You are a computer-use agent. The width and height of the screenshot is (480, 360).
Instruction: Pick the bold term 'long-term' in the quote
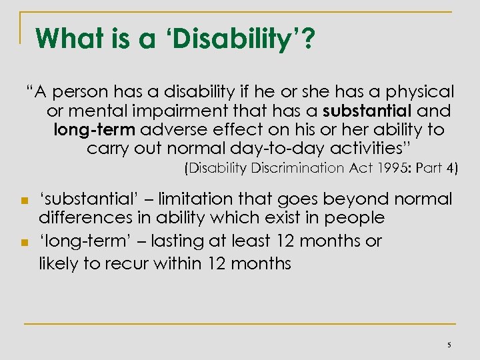[92, 129]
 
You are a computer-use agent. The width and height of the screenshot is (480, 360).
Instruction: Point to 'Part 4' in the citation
[437, 168]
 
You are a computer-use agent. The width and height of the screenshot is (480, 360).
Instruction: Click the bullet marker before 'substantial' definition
[23, 200]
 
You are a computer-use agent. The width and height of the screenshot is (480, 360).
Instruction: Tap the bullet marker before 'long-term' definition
[23, 241]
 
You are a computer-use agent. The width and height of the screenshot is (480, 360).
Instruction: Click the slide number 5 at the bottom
[449, 345]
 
